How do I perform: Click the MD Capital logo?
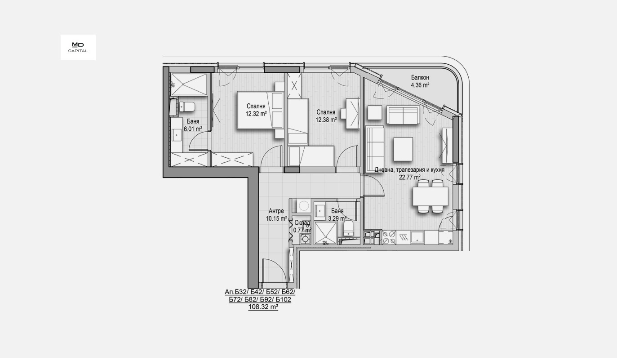78,47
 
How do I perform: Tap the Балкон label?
420,78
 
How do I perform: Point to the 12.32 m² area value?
256,114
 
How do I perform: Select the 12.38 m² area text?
326,120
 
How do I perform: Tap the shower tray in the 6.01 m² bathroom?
189,84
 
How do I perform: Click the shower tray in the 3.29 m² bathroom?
325,233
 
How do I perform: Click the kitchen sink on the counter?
418,237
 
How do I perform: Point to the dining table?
431,196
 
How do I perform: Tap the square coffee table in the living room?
403,149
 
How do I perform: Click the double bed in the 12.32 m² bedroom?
261,111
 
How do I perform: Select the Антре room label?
276,211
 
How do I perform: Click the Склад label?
302,223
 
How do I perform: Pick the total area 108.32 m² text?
263,307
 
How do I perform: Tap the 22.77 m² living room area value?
409,177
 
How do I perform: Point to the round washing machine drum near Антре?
304,206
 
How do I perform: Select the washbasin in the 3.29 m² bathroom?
320,210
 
